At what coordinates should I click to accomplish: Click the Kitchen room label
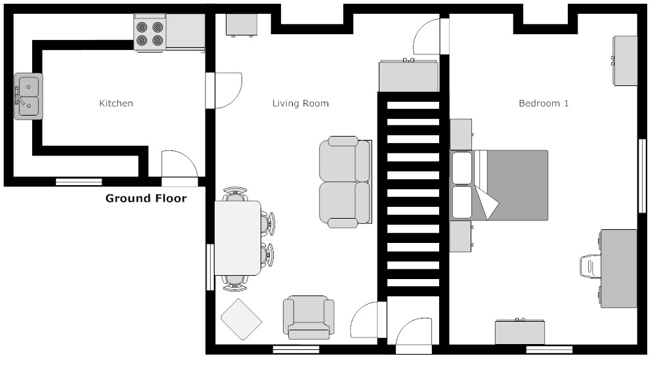tap(116, 103)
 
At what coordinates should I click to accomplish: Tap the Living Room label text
tap(300, 103)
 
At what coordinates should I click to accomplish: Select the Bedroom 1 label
tap(544, 103)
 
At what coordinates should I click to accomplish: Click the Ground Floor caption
tap(146, 198)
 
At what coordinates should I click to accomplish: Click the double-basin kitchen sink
tap(28, 96)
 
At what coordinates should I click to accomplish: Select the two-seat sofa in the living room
tap(345, 182)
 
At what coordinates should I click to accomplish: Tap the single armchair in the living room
tap(309, 317)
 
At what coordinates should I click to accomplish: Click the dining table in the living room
tap(238, 238)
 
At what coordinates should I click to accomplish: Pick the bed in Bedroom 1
tap(499, 185)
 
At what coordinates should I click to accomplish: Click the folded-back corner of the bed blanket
tap(486, 202)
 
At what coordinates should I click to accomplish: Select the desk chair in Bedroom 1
tap(590, 267)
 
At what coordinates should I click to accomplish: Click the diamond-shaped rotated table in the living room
tap(242, 319)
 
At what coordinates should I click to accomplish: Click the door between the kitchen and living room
tap(224, 91)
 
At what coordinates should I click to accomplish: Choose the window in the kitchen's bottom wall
tap(79, 182)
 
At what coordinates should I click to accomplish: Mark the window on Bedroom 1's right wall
tap(642, 175)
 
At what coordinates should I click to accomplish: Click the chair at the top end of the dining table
tap(235, 194)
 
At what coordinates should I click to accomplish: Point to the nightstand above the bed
tap(461, 135)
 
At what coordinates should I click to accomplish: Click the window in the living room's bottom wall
tap(296, 349)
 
